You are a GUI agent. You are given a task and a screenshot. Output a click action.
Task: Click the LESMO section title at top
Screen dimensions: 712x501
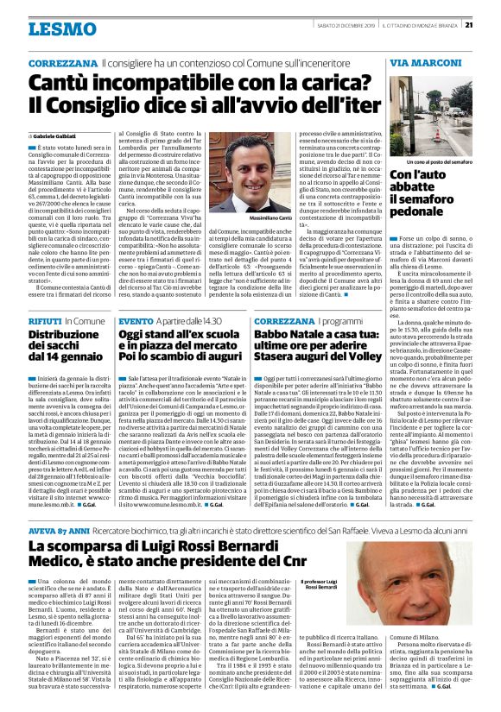point(62,28)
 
